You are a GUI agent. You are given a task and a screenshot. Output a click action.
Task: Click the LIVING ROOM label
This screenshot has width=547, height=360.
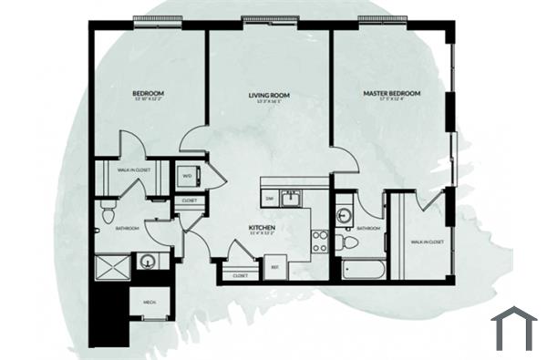click(269, 95)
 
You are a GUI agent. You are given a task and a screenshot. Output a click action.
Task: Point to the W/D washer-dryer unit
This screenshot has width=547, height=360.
click(187, 176)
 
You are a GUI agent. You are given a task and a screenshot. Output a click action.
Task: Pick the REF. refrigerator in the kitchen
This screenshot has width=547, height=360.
click(275, 266)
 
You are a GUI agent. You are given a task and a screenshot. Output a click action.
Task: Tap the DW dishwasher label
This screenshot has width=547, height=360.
click(270, 197)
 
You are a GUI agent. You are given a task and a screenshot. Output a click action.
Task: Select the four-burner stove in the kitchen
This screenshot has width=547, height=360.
click(320, 241)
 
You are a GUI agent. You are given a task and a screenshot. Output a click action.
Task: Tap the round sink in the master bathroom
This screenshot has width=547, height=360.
click(345, 215)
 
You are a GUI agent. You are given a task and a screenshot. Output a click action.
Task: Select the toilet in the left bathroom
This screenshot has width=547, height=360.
click(107, 215)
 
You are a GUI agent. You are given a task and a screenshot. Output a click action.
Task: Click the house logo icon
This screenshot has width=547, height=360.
click(514, 328)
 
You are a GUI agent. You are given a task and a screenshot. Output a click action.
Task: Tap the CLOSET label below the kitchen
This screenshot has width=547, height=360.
click(241, 275)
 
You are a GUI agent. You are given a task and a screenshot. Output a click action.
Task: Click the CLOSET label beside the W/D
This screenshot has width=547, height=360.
click(189, 200)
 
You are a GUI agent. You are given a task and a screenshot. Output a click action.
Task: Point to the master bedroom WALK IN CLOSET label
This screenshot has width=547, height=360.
click(426, 242)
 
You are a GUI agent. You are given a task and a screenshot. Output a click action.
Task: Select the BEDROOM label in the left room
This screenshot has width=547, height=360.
click(147, 93)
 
